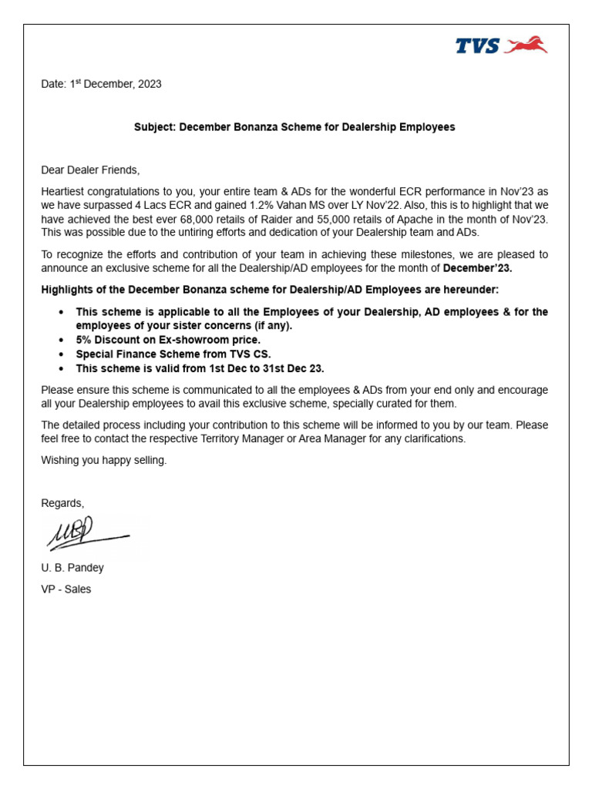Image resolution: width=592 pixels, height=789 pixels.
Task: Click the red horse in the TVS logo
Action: [x=527, y=46]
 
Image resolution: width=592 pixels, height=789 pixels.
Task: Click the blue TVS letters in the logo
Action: [x=477, y=47]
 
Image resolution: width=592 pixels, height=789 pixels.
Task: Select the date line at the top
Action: [x=101, y=85]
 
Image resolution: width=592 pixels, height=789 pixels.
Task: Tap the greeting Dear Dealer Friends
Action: [x=90, y=170]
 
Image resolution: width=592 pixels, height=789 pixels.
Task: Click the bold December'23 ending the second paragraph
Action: [x=477, y=268]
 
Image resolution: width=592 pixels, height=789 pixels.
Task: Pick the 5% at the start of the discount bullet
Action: [x=84, y=340]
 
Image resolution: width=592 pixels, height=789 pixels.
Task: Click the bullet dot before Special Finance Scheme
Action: [x=62, y=354]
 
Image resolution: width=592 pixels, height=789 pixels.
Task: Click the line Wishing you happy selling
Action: [x=103, y=460]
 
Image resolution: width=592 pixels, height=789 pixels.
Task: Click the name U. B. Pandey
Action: [x=72, y=568]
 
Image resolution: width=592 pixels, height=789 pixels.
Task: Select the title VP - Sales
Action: [x=66, y=589]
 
